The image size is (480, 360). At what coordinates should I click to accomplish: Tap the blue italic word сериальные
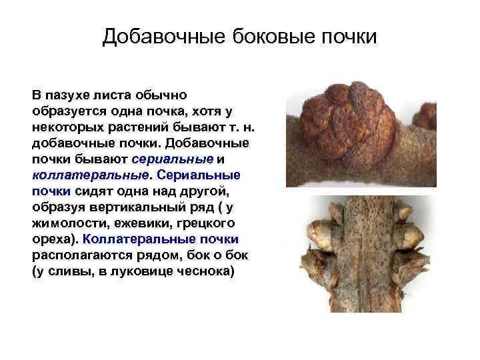tap(173, 159)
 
